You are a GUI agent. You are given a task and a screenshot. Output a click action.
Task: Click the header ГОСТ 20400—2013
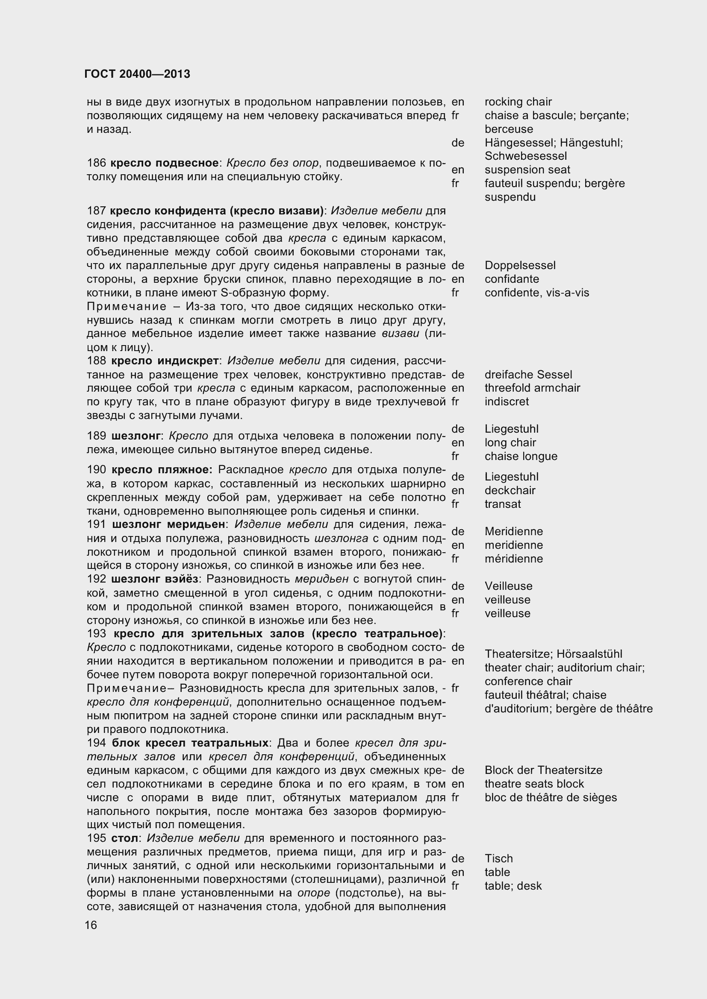(x=137, y=74)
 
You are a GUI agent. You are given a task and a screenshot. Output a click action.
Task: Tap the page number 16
(x=91, y=925)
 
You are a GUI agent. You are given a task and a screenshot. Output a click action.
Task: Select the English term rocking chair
(x=518, y=102)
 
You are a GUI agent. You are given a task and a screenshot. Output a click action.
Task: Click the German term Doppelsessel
(x=520, y=265)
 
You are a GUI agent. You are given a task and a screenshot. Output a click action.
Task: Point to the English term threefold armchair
(x=532, y=388)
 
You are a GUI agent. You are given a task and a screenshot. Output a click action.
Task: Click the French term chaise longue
(x=521, y=456)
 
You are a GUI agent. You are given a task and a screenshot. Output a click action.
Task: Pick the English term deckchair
(x=510, y=490)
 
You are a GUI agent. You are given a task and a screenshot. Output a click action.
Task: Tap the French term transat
(x=502, y=504)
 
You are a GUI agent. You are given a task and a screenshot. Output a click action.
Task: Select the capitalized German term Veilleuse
(x=508, y=586)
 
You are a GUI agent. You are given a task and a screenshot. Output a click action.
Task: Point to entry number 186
(x=96, y=163)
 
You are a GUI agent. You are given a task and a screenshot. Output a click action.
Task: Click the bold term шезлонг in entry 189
(x=136, y=436)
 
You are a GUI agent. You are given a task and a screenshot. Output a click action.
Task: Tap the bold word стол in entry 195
(x=124, y=838)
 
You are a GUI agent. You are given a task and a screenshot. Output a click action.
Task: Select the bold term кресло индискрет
(x=165, y=361)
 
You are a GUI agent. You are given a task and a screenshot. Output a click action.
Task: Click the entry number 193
(x=96, y=633)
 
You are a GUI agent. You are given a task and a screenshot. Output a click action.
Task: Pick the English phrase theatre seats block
(x=534, y=784)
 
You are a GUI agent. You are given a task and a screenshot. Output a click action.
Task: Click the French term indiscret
(x=506, y=401)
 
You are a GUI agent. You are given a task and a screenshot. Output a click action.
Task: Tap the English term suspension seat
(x=527, y=170)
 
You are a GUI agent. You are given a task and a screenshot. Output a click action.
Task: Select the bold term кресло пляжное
(x=162, y=470)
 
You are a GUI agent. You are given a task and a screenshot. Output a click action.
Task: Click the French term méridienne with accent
(x=514, y=559)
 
